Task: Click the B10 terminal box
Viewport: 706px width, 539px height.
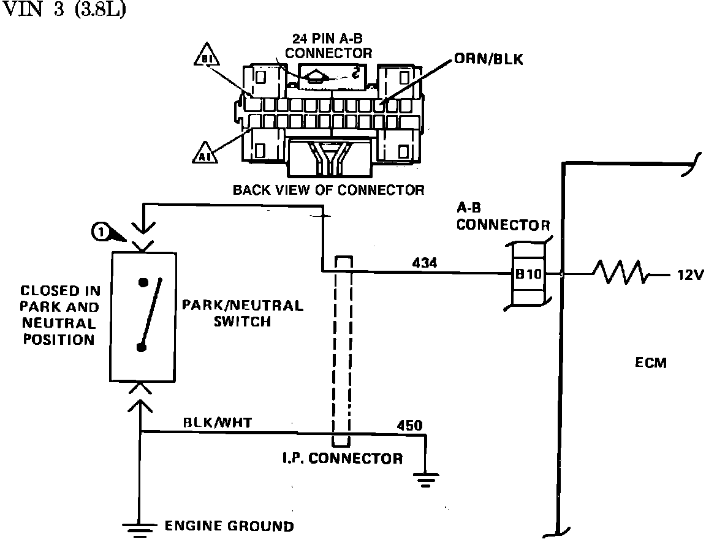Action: (528, 274)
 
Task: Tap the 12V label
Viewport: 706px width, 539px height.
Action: (689, 275)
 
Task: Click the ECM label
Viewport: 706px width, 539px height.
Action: (651, 363)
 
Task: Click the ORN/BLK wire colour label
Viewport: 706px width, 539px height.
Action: (488, 60)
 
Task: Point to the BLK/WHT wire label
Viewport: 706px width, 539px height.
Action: (218, 422)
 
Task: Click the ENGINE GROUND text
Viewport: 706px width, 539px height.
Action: (229, 526)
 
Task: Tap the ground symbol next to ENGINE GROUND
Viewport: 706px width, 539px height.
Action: (141, 527)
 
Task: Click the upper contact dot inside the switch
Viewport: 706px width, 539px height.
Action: (143, 283)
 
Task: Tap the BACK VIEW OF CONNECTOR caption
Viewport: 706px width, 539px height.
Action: (328, 190)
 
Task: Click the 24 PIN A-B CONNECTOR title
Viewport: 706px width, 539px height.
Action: (328, 47)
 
